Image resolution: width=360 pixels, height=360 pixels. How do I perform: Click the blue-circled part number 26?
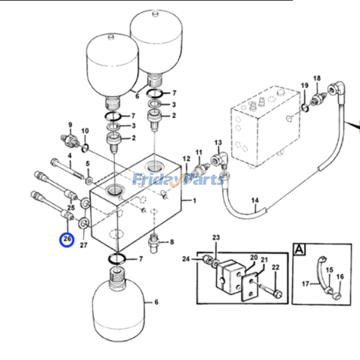(67, 238)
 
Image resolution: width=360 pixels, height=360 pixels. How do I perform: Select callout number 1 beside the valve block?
(195, 201)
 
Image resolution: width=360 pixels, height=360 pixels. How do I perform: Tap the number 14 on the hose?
(255, 200)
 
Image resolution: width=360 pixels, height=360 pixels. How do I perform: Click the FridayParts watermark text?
(178, 180)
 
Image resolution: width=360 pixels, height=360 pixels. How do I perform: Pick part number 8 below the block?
(172, 242)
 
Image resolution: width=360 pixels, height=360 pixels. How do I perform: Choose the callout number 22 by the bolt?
(275, 267)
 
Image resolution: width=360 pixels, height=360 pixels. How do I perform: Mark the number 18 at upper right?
(317, 78)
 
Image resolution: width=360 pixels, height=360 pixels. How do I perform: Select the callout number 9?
(70, 125)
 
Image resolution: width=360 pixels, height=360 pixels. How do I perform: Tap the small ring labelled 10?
(85, 146)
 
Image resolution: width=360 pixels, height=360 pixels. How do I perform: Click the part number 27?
(84, 245)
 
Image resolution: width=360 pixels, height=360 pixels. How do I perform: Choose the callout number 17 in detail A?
(306, 283)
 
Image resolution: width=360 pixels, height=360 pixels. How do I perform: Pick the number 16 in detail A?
(340, 277)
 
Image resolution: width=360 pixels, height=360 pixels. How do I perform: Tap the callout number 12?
(186, 158)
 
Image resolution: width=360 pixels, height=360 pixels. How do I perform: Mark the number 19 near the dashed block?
(305, 85)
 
